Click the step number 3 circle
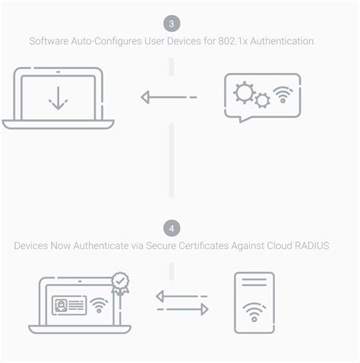172,23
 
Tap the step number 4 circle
172,228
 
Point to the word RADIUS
311,246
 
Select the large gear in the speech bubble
245,92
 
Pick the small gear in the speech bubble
262,100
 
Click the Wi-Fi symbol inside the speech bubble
283,96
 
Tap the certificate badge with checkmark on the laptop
119,283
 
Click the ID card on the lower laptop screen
69,305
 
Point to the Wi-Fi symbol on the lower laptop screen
98,305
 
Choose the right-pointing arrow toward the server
183,309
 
